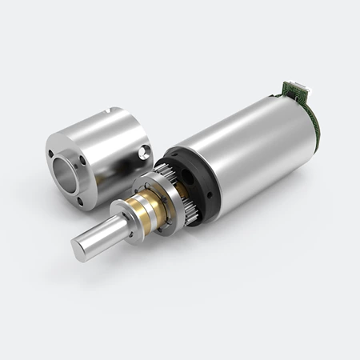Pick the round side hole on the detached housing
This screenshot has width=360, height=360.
point(142,151)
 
